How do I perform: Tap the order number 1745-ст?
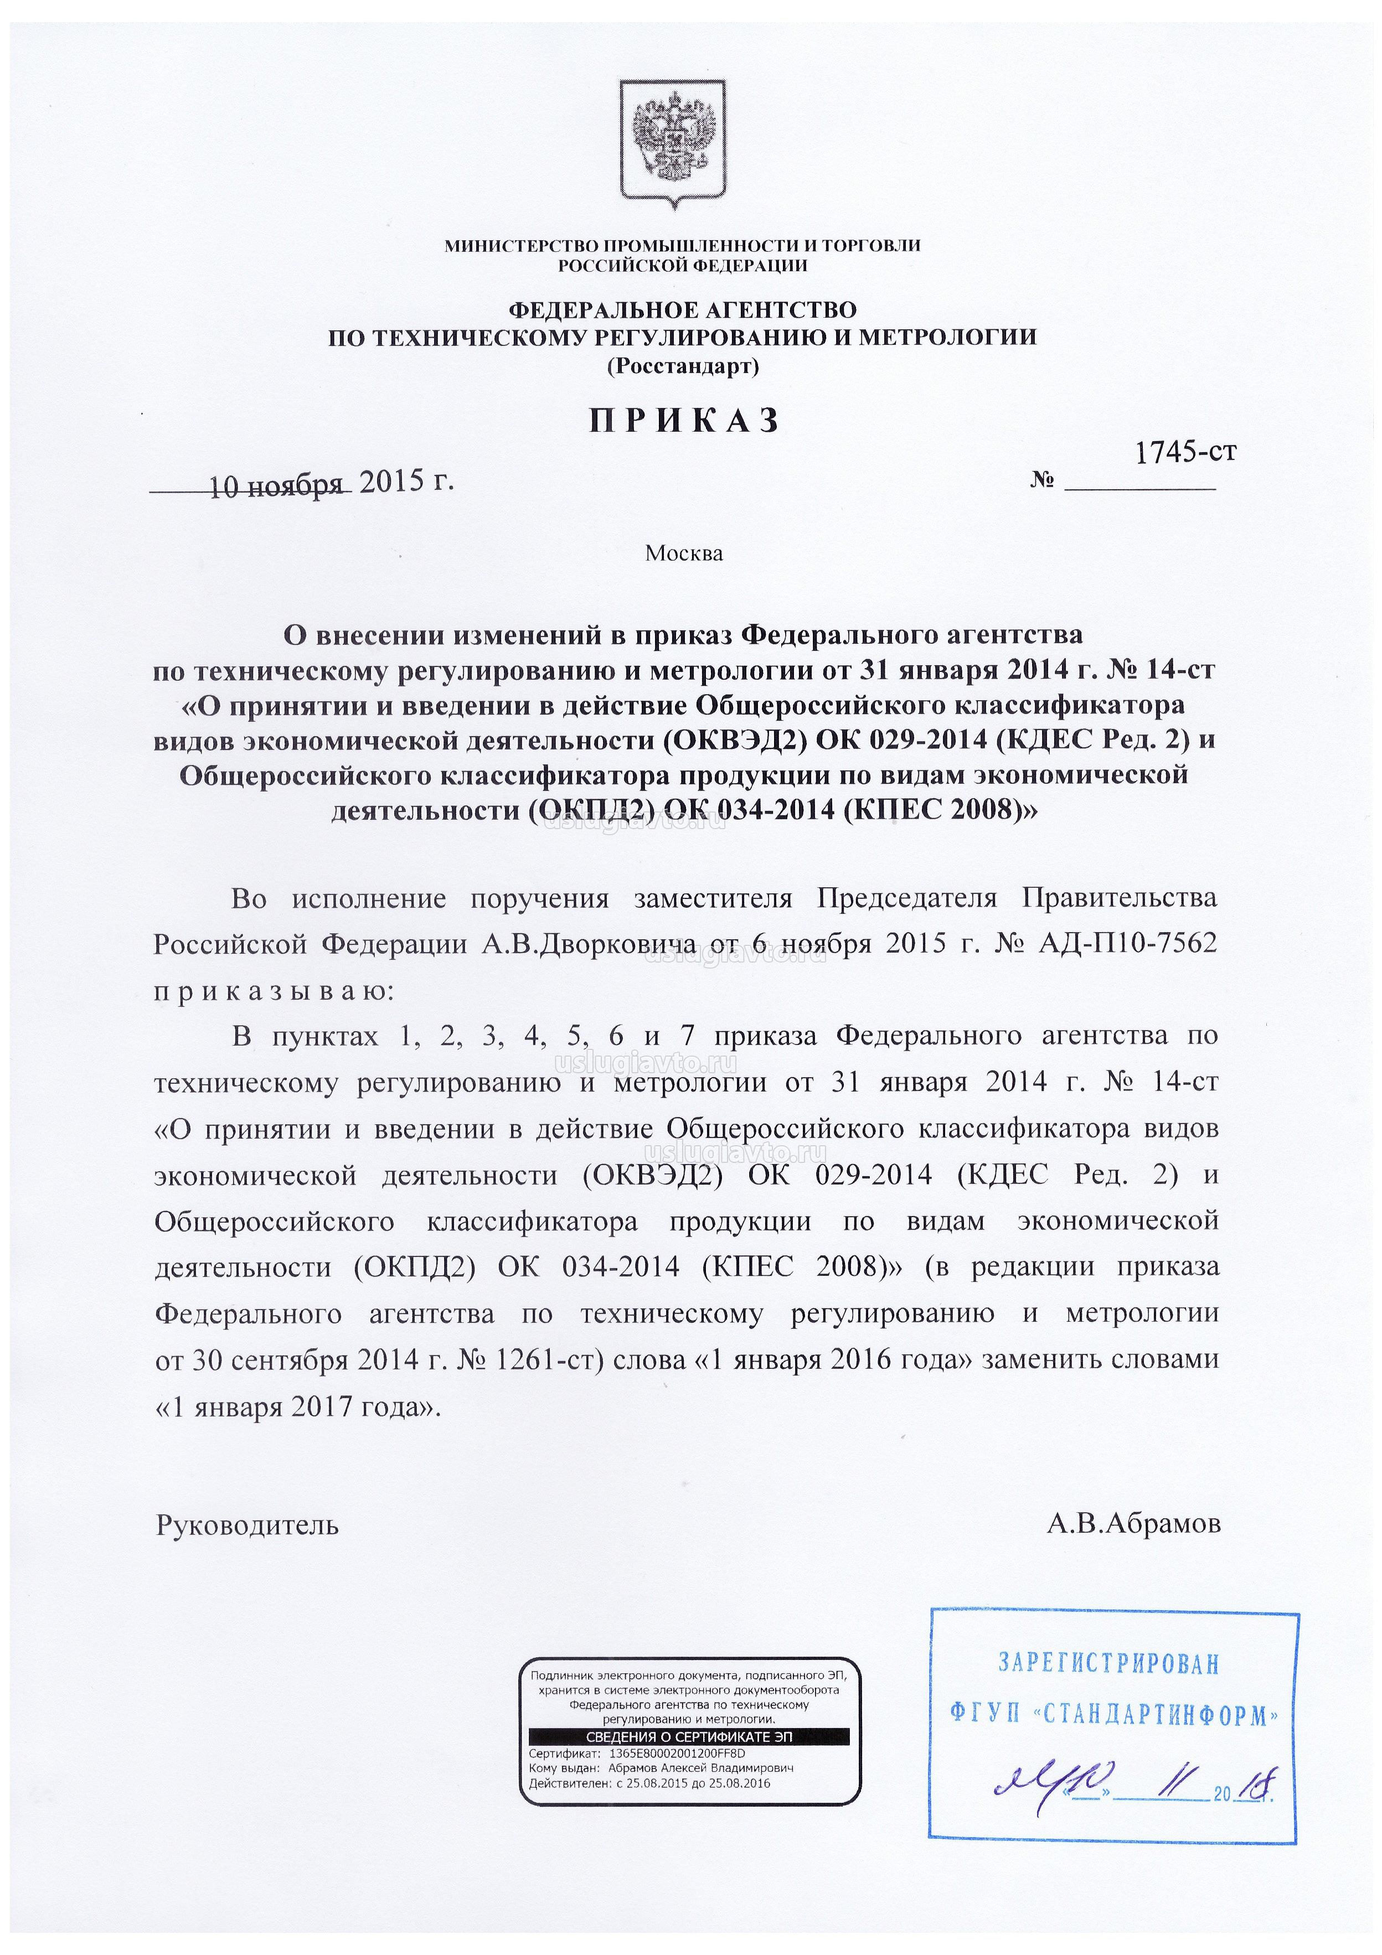1185,451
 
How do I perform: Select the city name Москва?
684,554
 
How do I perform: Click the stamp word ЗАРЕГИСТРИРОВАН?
1108,1661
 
